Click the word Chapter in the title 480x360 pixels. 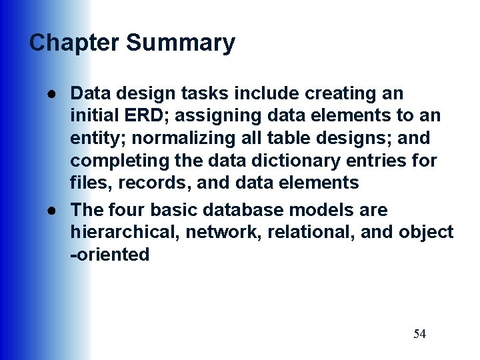click(x=74, y=43)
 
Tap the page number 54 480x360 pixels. click(x=419, y=334)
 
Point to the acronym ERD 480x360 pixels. click(x=142, y=115)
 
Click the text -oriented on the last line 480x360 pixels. click(x=110, y=255)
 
